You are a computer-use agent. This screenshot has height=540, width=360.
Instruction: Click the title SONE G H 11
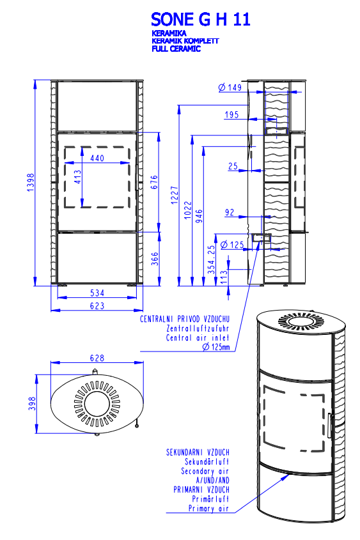(201, 19)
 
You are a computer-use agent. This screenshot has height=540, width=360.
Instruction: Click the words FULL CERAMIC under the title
(176, 49)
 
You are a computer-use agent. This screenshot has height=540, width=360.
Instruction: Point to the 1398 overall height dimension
(31, 183)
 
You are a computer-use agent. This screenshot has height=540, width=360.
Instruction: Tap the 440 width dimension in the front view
(97, 158)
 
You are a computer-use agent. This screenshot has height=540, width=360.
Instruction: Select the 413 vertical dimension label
(78, 176)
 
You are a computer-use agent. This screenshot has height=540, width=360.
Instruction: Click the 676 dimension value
(154, 182)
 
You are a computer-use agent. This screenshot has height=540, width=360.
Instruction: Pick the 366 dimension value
(155, 259)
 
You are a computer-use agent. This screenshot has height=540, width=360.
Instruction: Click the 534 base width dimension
(97, 293)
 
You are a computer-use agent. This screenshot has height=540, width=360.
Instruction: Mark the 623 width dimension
(97, 306)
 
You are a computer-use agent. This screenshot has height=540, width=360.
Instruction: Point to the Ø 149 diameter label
(230, 87)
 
